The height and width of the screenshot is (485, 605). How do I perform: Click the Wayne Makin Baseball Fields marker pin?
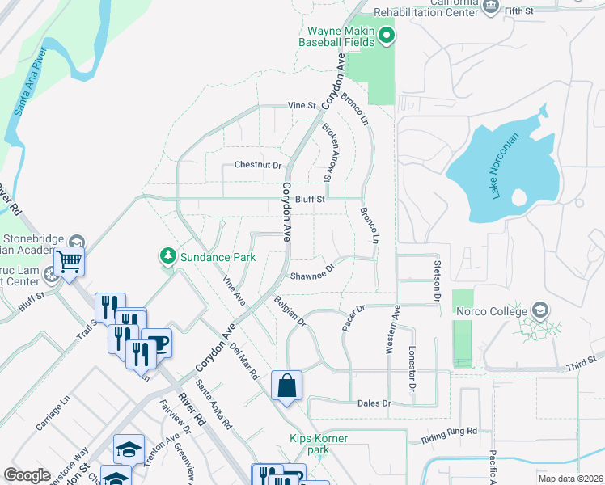tap(387, 35)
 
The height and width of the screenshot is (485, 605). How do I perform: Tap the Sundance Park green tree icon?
tap(168, 257)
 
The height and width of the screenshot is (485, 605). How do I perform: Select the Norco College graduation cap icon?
tap(540, 311)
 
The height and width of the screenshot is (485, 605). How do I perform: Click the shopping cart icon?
tap(70, 262)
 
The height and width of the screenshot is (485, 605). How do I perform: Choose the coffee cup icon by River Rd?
tap(157, 343)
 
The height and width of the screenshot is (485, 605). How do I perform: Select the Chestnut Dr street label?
tap(258, 165)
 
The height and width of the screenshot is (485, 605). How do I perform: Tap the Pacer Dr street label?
tap(354, 317)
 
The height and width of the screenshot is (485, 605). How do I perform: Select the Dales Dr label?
tap(374, 403)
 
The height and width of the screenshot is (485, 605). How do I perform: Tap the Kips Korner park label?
tap(319, 444)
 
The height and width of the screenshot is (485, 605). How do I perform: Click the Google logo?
tap(27, 474)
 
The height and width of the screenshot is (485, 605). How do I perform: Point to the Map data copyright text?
tap(569, 479)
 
